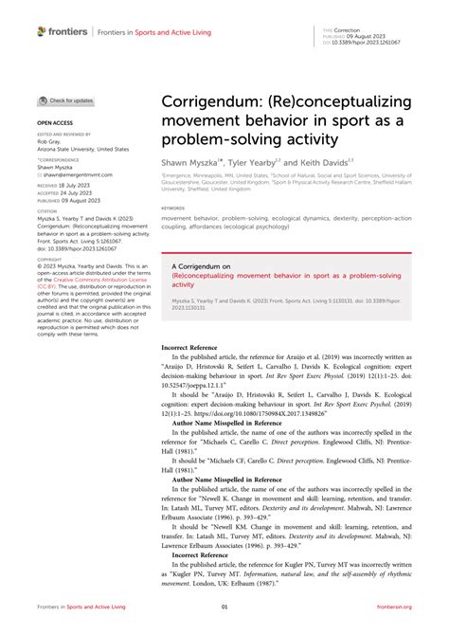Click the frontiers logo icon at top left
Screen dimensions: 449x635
pos(43,31)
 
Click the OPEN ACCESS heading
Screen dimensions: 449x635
pos(53,123)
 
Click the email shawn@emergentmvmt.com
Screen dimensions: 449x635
pos(77,175)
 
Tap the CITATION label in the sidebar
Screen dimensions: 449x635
pos(48,213)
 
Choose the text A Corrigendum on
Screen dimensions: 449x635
pos(202,268)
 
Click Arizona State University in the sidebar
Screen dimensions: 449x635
pos(81,149)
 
